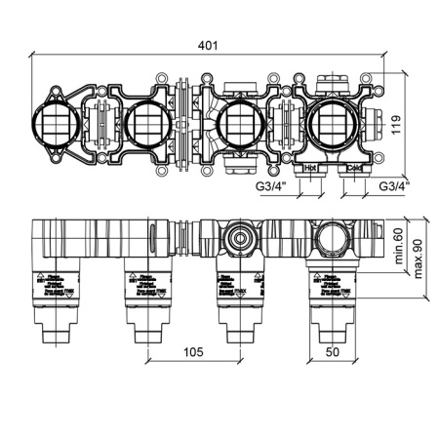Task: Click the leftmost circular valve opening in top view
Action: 56,125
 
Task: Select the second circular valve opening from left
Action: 144,125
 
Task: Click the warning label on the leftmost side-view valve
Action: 55,284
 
